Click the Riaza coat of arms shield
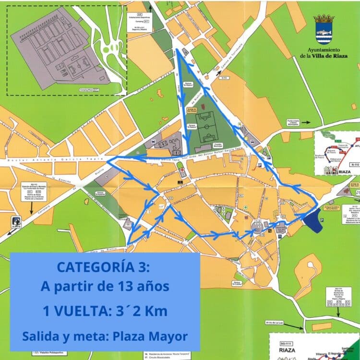pos(324,30)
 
